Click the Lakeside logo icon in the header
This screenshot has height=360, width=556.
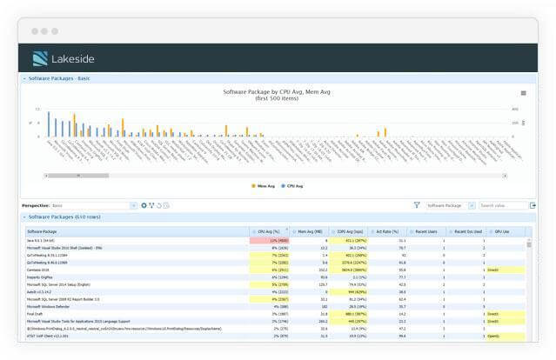coord(40,58)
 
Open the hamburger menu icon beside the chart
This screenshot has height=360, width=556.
coord(523,93)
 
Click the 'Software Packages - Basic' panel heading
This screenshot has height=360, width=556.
coord(59,78)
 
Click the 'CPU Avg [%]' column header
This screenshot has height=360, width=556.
coord(270,231)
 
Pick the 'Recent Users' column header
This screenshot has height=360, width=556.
coord(425,231)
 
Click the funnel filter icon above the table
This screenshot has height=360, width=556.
coord(417,205)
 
